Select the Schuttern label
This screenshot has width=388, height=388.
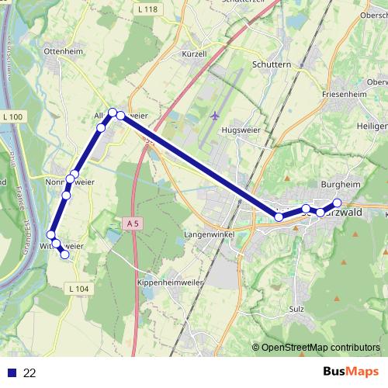pyautogui.click(x=271, y=65)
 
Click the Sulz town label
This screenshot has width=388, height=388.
pyautogui.click(x=296, y=309)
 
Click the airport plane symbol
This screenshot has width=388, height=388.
pyautogui.click(x=215, y=116)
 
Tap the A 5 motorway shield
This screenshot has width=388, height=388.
pyautogui.click(x=132, y=223)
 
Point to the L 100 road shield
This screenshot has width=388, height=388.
pyautogui.click(x=13, y=117)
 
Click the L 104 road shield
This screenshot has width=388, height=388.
pyautogui.click(x=79, y=289)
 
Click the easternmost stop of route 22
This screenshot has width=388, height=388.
pyautogui.click(x=338, y=203)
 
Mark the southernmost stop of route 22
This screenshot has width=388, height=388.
pyautogui.click(x=65, y=255)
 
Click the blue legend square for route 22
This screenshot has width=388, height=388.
pyautogui.click(x=12, y=372)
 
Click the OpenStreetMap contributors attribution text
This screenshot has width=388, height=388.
pyautogui.click(x=319, y=348)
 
